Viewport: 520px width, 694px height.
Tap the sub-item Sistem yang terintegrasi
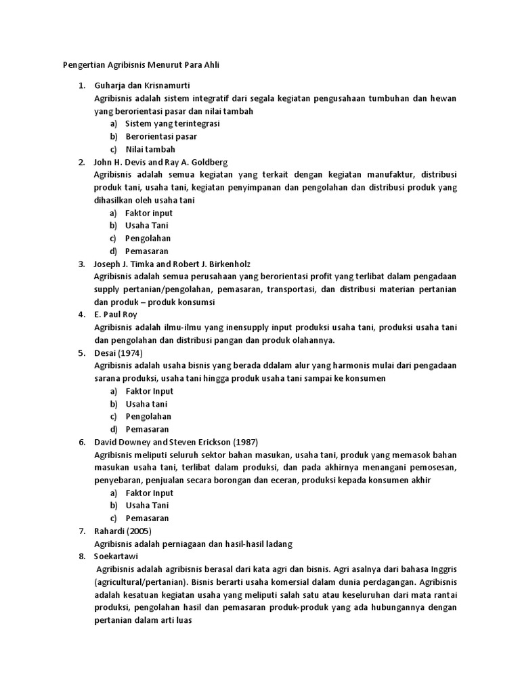172,124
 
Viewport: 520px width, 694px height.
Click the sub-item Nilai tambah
150,149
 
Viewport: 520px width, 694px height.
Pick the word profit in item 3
319,277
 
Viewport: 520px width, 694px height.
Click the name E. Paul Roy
116,314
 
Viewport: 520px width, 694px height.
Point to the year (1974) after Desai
130,353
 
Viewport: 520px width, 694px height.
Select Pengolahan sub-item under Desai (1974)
148,417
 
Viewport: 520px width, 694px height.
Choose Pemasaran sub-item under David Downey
147,518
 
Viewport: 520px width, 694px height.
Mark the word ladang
278,544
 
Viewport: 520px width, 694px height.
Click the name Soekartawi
116,556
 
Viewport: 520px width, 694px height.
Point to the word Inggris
442,569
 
